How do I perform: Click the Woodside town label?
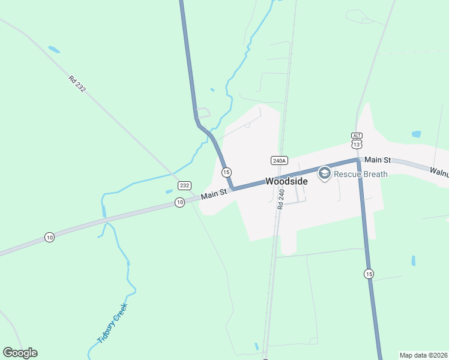pyautogui.click(x=286, y=181)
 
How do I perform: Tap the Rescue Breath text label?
pyautogui.click(x=361, y=174)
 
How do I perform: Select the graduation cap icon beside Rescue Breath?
pyautogui.click(x=324, y=174)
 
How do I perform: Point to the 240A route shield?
pyautogui.click(x=279, y=161)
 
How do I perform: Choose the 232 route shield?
pyautogui.click(x=185, y=186)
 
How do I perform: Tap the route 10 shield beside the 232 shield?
pyautogui.click(x=179, y=202)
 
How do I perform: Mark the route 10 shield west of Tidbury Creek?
pyautogui.click(x=49, y=238)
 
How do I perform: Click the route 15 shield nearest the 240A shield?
pyautogui.click(x=226, y=172)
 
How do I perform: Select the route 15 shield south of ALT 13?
pyautogui.click(x=369, y=274)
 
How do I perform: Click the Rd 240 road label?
pyautogui.click(x=280, y=199)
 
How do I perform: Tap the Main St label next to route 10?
pyautogui.click(x=214, y=194)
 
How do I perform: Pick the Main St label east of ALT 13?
pyautogui.click(x=378, y=160)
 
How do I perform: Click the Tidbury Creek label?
pyautogui.click(x=113, y=324)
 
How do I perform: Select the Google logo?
pyautogui.click(x=20, y=353)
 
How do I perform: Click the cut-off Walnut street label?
pyautogui.click(x=439, y=171)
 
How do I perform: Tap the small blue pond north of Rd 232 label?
pyautogui.click(x=54, y=49)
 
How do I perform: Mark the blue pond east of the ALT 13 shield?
pyautogui.click(x=417, y=134)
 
